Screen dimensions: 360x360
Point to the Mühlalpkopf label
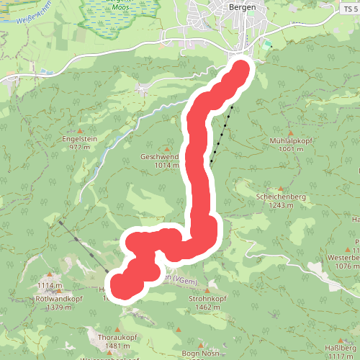coord(291,141)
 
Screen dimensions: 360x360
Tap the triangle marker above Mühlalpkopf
coord(291,133)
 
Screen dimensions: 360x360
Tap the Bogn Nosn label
coord(200,352)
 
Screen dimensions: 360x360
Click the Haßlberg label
coord(341,348)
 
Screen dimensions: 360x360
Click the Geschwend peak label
coord(161,157)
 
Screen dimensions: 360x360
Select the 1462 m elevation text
coord(207,307)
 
